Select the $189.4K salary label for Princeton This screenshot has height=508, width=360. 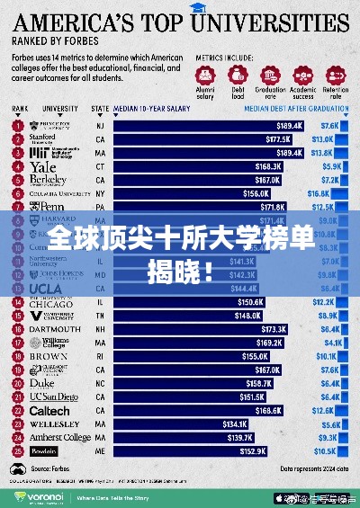coord(289,127)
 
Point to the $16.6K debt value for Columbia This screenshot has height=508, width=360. coord(319,193)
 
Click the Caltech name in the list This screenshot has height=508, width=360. coord(50,410)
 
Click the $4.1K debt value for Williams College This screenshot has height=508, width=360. coord(321,343)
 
